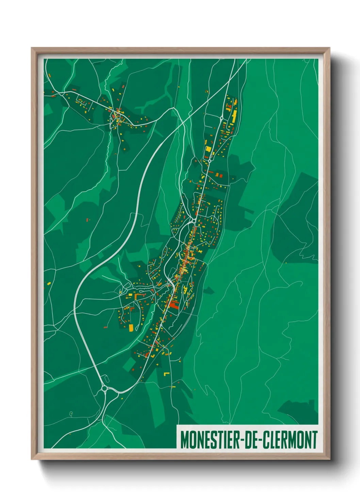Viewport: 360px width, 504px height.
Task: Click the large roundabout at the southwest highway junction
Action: [x=104, y=388]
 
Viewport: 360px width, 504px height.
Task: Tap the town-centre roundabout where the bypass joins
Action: [x=194, y=221]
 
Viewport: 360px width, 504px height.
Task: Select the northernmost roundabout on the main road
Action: [x=222, y=118]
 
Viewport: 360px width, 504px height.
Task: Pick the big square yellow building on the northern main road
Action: [x=208, y=149]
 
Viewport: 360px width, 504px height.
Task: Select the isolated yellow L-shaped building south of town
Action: [x=166, y=374]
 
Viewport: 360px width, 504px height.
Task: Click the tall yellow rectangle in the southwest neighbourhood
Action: [x=131, y=328]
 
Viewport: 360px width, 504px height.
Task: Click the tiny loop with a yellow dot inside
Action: [x=71, y=414]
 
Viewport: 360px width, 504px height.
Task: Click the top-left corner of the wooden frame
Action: [x=32, y=48]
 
